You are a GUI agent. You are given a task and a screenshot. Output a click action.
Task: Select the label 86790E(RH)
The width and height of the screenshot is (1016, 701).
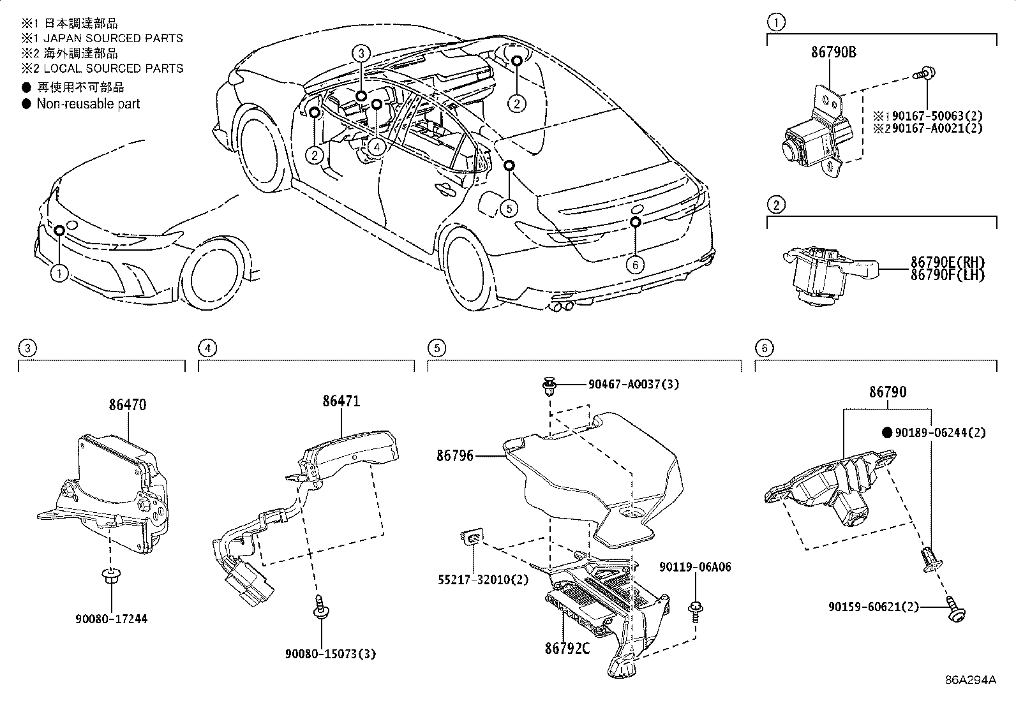point(947,262)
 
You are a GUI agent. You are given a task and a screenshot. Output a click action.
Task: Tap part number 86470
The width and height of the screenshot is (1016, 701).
point(127,404)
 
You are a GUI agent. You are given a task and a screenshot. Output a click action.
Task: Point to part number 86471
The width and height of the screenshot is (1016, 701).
point(341,401)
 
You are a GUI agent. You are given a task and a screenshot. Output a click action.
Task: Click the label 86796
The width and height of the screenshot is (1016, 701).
point(455,455)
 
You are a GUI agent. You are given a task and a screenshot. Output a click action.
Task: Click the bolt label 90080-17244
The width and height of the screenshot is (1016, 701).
point(111,619)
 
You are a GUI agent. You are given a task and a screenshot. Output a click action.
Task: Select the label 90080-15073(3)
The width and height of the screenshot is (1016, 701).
point(320,653)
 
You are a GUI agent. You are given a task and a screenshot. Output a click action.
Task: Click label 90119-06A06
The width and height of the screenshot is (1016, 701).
point(695,567)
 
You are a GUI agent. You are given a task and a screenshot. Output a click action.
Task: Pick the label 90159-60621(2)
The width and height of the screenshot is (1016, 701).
point(874,607)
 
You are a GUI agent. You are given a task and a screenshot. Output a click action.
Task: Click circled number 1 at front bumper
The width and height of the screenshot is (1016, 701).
point(59,274)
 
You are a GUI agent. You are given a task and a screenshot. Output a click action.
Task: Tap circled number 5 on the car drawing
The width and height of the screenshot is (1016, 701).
point(509,208)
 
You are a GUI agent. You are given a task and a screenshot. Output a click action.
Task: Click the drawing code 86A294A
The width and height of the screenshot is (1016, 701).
point(970,679)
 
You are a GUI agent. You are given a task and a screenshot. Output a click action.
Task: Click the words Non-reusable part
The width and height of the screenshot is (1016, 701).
point(88,104)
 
